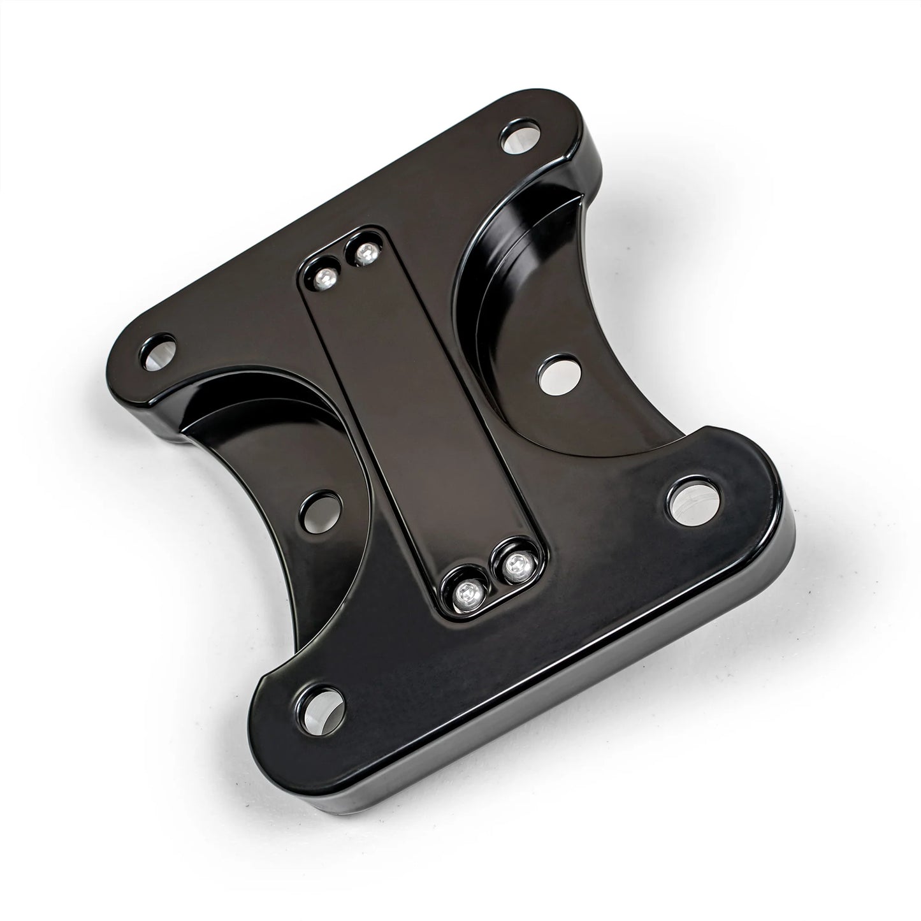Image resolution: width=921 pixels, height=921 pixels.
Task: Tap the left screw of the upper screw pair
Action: pyautogui.click(x=326, y=276)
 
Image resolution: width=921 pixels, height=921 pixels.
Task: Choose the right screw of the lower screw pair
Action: pyautogui.click(x=514, y=563)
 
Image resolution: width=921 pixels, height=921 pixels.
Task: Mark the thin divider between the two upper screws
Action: pyautogui.click(x=344, y=264)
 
